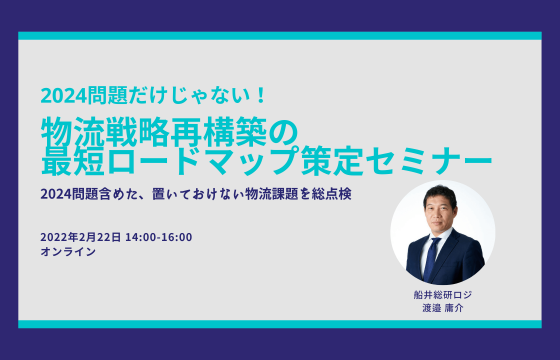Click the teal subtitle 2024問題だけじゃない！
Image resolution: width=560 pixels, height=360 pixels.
(153, 96)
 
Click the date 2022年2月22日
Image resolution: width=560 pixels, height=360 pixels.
(81, 237)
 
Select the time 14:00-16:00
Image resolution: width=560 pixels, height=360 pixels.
(160, 237)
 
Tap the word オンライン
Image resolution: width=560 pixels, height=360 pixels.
(68, 253)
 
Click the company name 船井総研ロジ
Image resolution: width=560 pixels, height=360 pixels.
(442, 294)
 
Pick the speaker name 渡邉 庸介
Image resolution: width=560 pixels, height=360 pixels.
(442, 307)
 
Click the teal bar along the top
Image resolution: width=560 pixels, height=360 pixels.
(280, 36)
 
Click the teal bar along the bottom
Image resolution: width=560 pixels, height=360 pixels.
(280, 324)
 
